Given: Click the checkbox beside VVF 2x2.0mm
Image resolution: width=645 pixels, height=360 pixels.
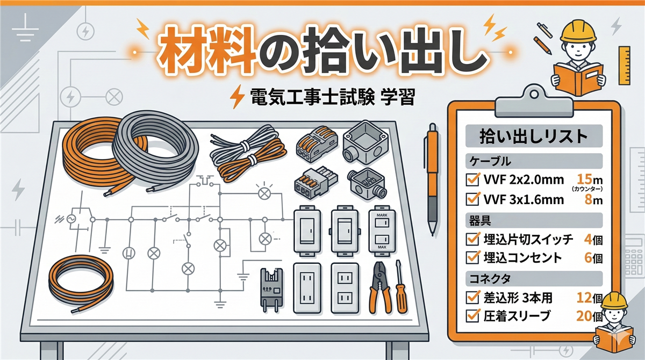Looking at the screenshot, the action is click(472, 179).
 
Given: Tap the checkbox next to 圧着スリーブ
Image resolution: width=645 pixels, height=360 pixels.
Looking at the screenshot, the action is click(472, 316).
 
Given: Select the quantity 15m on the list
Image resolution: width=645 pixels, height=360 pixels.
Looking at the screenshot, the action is click(590, 179).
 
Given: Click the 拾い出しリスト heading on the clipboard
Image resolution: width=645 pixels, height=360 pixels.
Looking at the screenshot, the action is click(534, 136).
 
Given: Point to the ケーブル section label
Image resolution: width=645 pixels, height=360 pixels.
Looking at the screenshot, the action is click(486, 161).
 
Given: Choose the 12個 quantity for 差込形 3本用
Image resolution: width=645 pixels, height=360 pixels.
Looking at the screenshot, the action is click(590, 298).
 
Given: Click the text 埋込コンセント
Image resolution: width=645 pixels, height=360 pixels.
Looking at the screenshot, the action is click(523, 257).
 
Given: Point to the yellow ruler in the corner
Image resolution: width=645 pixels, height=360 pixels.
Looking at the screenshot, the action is click(624, 66).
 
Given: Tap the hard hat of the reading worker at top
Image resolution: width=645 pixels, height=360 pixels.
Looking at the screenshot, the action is click(578, 31).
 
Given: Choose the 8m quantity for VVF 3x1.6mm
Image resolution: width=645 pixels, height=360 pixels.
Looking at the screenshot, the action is click(593, 199).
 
